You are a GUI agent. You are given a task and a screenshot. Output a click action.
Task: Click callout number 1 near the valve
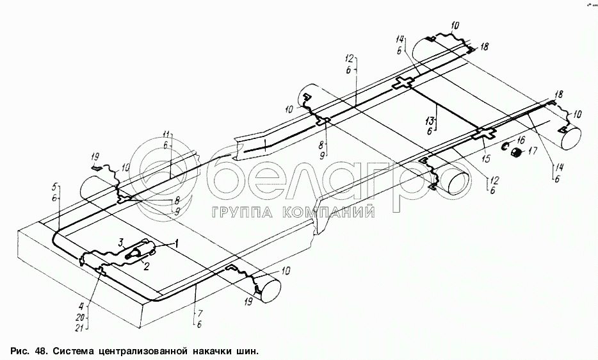pos(177,243)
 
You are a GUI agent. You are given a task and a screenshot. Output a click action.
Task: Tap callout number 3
pos(120,241)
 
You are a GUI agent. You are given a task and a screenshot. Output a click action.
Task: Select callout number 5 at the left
pos(56,188)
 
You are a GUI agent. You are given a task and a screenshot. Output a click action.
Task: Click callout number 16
pos(521,139)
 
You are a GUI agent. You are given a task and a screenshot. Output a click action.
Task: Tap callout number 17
pos(533,152)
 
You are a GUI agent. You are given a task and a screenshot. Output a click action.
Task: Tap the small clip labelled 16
pos(506,147)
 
